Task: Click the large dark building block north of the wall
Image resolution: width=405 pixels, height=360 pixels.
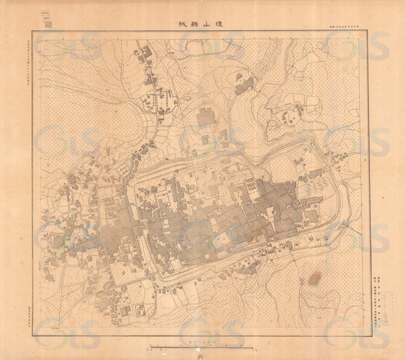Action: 206,118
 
